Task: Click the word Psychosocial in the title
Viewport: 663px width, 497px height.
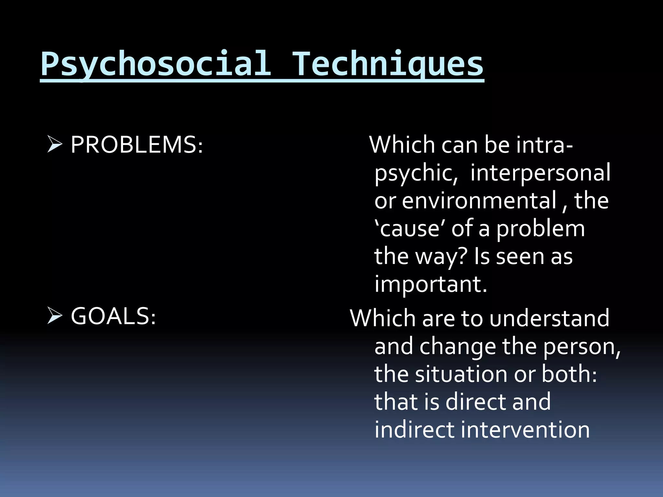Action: click(156, 64)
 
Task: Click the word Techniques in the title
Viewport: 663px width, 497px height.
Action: click(388, 64)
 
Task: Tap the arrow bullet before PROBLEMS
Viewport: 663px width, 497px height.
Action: click(54, 144)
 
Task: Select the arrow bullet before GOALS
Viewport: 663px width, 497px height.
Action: click(54, 316)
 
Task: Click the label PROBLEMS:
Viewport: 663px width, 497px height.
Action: click(137, 145)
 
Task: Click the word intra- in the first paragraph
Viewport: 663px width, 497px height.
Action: click(545, 145)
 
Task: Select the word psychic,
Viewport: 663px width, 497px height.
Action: click(416, 173)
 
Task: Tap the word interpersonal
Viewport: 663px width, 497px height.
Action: click(540, 172)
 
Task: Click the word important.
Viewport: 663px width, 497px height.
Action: click(431, 284)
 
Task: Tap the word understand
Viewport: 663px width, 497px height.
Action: click(549, 318)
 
